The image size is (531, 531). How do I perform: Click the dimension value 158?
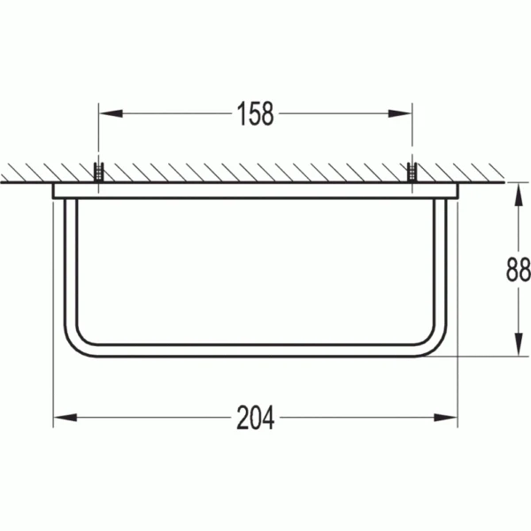[x=256, y=114]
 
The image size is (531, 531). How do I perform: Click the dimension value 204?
[x=256, y=418]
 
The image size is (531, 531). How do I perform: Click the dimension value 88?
[x=518, y=269]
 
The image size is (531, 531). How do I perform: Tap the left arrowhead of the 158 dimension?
[x=111, y=113]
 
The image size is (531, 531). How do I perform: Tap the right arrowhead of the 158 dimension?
[x=400, y=113]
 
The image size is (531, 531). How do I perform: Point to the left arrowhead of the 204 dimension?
[x=65, y=418]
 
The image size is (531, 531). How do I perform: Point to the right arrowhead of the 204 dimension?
[x=446, y=418]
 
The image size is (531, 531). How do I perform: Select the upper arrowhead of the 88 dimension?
[x=518, y=195]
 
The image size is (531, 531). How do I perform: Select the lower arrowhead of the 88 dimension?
[x=518, y=344]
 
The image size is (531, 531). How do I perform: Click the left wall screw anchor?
[x=98, y=173]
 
